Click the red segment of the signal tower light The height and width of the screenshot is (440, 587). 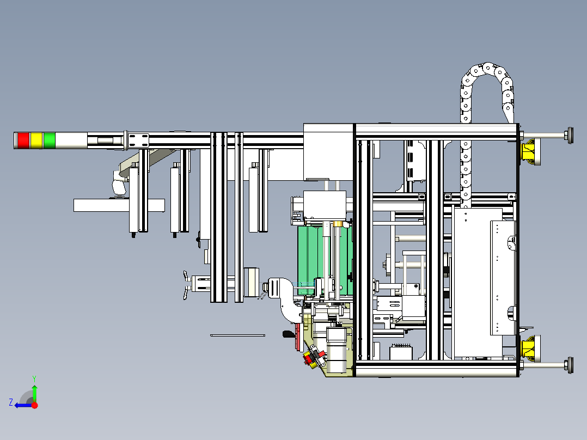tap(23, 140)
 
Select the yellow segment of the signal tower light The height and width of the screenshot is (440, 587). tap(36, 140)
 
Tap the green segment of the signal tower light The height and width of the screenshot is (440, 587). tap(50, 140)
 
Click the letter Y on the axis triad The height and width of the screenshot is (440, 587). tap(34, 377)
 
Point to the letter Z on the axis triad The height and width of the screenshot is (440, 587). tap(10, 402)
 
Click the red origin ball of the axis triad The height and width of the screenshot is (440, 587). tap(34, 405)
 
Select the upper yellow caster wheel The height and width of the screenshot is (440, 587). tap(529, 151)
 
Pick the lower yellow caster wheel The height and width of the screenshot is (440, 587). tap(529, 348)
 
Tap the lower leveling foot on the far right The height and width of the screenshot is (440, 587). tap(570, 365)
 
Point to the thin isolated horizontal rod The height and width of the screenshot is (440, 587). tap(237, 335)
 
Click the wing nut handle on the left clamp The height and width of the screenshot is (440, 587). tap(188, 285)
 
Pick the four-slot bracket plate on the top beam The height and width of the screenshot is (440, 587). tap(138, 139)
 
